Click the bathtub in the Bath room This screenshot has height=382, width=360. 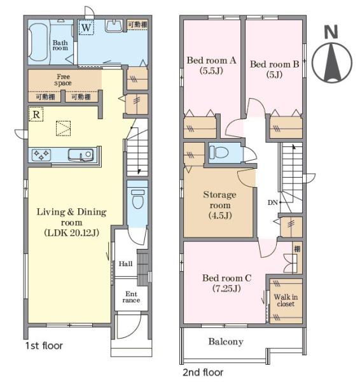38,43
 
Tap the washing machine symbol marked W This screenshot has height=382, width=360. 86,27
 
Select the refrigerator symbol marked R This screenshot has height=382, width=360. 36,114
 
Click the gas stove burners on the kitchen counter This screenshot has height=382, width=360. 41,155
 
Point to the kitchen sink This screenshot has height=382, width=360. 81,155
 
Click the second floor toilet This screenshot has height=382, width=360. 219,152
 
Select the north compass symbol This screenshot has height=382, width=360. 332,63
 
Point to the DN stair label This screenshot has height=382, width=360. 273,202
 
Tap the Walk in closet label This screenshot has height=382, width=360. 286,301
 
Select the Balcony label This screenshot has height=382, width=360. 226,341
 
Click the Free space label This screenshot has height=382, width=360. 63,80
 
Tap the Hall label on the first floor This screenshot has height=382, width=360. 125,264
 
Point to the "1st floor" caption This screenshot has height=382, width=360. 44,346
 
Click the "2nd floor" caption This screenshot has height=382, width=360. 203,372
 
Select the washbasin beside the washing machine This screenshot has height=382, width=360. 114,26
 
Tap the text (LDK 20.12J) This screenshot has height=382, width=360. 72,233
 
